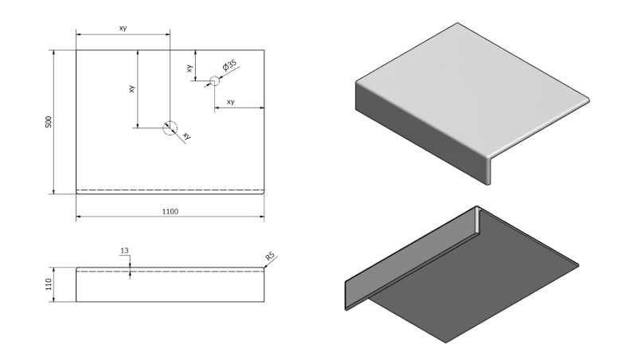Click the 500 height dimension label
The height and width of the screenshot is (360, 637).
coord(48,122)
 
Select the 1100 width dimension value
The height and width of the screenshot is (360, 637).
coord(170,212)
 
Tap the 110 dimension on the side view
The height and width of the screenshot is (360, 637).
coord(48,284)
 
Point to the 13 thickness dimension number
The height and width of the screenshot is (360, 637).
coord(124,251)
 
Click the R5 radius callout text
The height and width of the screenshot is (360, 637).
coord(270,256)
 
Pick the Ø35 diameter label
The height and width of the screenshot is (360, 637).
coord(230,65)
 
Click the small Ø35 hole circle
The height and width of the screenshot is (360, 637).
coord(213,80)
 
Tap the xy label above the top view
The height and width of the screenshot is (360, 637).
coord(123,29)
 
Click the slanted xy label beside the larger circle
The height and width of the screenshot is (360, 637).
coord(186,136)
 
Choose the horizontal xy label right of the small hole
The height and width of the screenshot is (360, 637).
coord(231,102)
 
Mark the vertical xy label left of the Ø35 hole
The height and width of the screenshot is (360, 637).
coord(190,68)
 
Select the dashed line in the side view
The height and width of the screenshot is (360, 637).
coord(170,271)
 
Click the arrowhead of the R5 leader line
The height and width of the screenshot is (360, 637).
coord(264,268)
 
